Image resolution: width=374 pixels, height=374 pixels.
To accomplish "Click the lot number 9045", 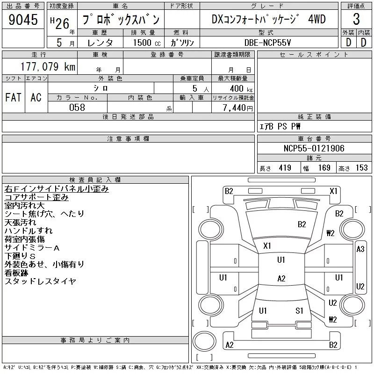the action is [23, 20].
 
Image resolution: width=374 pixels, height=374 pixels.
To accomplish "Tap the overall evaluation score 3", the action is [356, 20].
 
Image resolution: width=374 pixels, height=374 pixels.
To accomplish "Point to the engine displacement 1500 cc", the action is [142, 43].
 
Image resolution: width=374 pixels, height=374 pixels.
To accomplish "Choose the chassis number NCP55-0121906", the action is [314, 149].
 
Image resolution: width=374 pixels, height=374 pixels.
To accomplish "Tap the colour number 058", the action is [77, 108].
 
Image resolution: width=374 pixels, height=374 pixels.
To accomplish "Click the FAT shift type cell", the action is [13, 98].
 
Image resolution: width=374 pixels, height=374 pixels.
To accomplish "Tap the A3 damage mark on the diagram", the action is [360, 249].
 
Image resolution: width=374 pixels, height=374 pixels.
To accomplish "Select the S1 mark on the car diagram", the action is [300, 310].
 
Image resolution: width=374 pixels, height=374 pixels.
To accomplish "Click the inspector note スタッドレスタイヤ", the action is [40, 281].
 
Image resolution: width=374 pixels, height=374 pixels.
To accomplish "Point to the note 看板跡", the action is [16, 273].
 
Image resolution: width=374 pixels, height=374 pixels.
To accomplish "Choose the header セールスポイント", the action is [314, 55].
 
